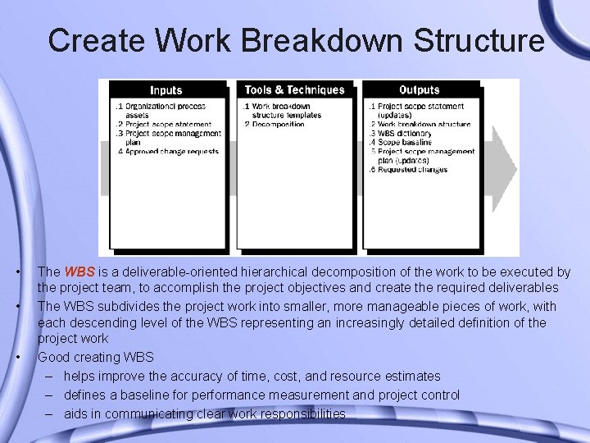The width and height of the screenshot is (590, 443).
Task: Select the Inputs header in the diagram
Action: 166,90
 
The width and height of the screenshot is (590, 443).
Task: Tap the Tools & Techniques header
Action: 295,90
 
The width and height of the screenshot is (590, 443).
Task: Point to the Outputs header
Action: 420,90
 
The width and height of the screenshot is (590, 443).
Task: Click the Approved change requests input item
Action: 169,152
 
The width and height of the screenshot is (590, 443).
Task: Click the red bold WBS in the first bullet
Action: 79,272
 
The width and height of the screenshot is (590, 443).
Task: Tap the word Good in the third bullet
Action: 53,358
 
